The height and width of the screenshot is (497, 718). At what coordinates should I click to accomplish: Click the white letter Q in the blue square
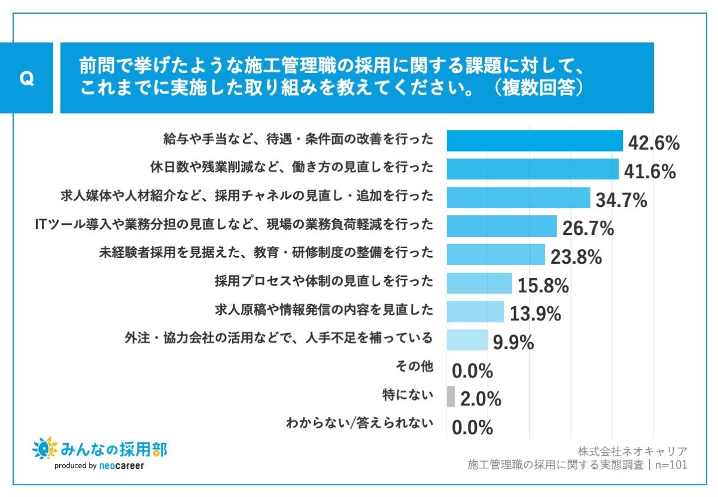(x=26, y=78)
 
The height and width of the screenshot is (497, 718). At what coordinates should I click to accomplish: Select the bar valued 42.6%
(x=535, y=141)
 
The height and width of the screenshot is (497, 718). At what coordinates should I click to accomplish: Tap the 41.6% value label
(x=650, y=172)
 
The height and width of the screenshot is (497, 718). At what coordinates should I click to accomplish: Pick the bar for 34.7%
(x=518, y=197)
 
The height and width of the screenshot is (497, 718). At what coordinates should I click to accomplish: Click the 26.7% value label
(x=588, y=228)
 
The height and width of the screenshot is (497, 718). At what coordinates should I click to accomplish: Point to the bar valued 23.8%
(x=495, y=254)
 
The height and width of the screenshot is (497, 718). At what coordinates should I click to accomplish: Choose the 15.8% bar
(x=479, y=283)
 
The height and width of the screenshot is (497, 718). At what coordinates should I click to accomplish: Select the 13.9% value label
(x=535, y=313)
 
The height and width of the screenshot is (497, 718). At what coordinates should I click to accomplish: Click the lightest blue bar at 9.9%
(x=467, y=340)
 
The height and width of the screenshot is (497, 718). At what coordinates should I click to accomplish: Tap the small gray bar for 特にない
(x=451, y=396)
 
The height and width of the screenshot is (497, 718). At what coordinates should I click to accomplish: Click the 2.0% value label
(x=480, y=399)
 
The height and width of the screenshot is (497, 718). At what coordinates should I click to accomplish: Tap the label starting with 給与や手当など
(x=297, y=139)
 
